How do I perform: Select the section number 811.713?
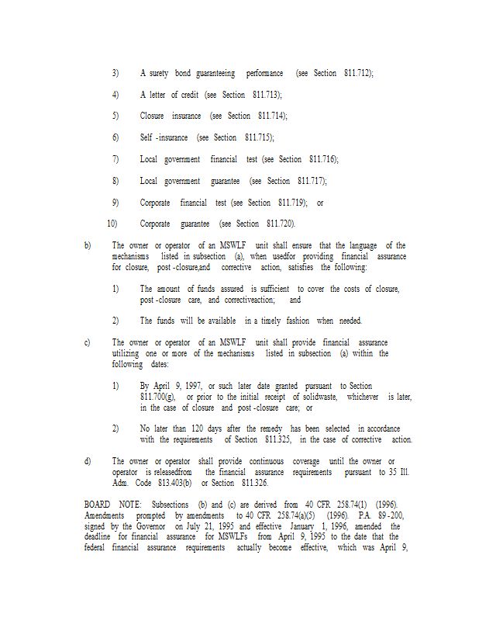pos(267,95)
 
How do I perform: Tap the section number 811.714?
pos(272,116)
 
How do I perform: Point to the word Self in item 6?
pos(146,137)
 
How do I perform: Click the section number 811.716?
pos(323,159)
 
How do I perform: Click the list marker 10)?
pos(112,224)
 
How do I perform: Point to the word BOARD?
pos(98,504)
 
